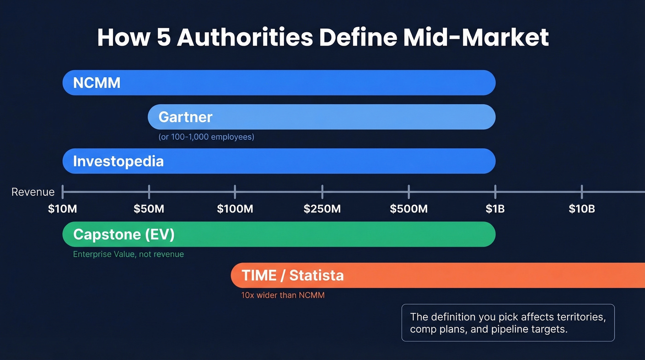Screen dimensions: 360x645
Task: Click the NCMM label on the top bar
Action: tap(97, 83)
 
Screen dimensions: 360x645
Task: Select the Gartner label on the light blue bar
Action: tap(185, 117)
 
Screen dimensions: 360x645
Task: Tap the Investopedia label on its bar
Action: tap(118, 161)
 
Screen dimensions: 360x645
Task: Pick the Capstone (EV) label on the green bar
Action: tap(124, 235)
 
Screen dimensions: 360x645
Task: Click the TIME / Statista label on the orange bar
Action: tap(293, 276)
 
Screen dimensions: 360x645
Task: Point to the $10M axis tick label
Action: tap(63, 209)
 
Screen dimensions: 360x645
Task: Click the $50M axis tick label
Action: tap(149, 209)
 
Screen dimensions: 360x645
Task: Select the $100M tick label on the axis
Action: tap(235, 209)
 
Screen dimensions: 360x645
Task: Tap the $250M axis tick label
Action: tap(322, 209)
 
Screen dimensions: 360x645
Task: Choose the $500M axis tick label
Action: tap(409, 209)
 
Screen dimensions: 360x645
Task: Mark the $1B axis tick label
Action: tap(495, 209)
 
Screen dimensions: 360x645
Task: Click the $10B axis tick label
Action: tap(581, 209)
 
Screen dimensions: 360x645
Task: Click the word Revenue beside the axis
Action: tap(33, 192)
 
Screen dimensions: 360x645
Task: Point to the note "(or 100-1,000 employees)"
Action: tap(206, 137)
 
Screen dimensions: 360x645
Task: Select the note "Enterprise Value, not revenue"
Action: tap(128, 254)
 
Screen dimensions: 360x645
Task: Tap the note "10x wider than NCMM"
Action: tap(283, 295)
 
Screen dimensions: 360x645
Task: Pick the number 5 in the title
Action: tap(163, 38)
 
